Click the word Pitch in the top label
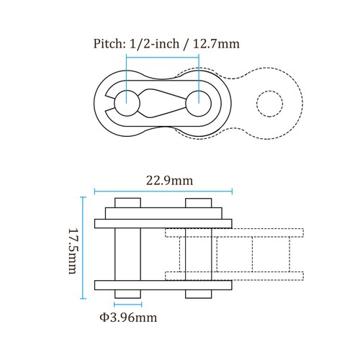[108, 44]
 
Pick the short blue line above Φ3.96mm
[127, 304]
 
